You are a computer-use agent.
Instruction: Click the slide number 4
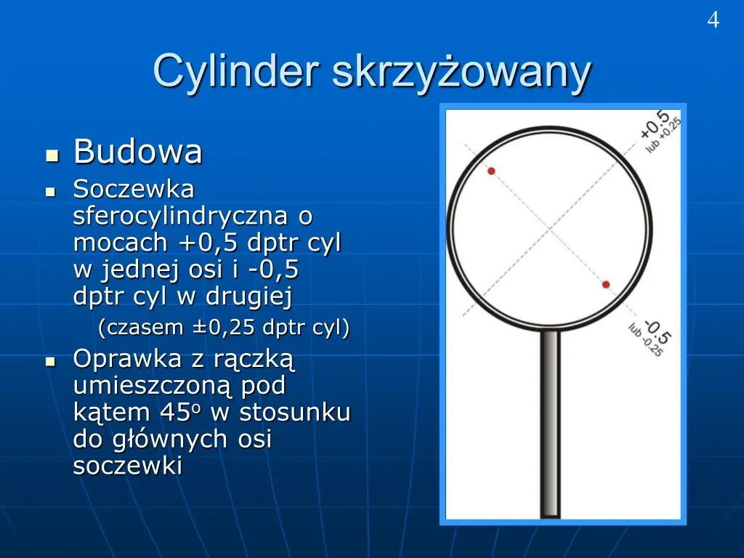[713, 20]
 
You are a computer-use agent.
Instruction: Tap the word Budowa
[138, 151]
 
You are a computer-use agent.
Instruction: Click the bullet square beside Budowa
[52, 155]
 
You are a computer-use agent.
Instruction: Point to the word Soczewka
[134, 190]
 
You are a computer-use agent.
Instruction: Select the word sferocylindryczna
[180, 217]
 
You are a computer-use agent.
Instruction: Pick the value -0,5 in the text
[273, 269]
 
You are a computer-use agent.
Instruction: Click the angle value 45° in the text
[180, 412]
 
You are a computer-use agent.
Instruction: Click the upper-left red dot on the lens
[492, 171]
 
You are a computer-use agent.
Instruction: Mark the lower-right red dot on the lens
[606, 285]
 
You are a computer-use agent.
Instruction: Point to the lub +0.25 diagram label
[663, 135]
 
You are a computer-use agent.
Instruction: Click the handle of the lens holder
[551, 424]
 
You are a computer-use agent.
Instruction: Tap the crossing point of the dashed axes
[550, 229]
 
